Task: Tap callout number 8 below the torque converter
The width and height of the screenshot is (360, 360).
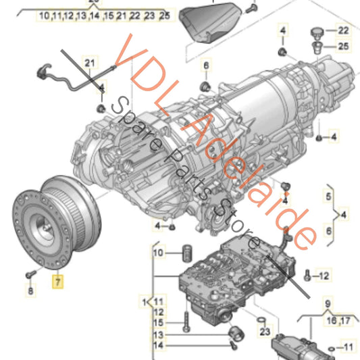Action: [x=30, y=292]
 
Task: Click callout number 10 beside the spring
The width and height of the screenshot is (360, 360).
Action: [x=159, y=253]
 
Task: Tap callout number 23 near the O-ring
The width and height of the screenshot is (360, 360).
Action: [x=264, y=332]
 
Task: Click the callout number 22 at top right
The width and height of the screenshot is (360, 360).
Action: [x=344, y=30]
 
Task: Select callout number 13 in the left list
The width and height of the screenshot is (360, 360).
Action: [x=157, y=335]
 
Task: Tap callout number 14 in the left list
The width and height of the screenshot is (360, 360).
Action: [x=157, y=346]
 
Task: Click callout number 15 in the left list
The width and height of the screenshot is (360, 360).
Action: [x=157, y=323]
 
